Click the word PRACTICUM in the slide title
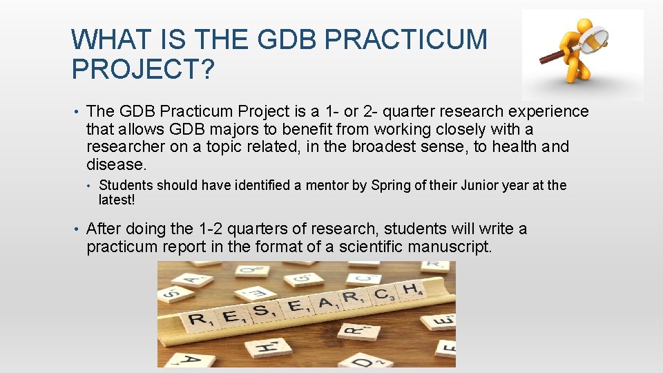click(x=405, y=39)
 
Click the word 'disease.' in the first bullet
click(x=117, y=165)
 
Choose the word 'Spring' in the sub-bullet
click(x=392, y=185)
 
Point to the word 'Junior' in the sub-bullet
click(x=477, y=185)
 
